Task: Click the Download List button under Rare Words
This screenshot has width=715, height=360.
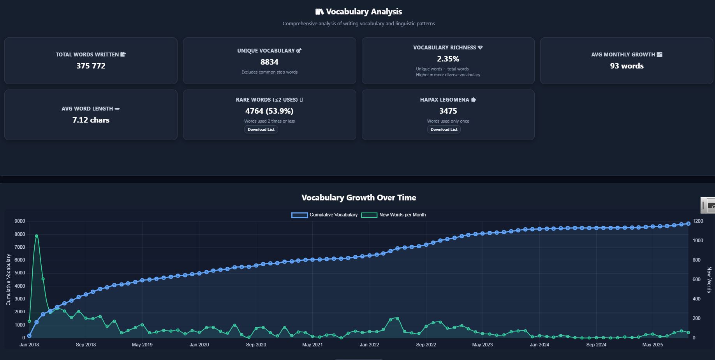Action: coord(261,130)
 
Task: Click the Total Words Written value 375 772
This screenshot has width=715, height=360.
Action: coord(91,66)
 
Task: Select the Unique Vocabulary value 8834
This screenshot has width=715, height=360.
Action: coord(269,62)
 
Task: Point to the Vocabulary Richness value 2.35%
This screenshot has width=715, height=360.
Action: coord(448,59)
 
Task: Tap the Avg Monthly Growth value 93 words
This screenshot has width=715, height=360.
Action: coord(627,66)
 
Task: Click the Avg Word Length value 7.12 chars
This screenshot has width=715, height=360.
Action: coord(91,120)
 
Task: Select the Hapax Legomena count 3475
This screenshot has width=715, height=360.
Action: coord(448,111)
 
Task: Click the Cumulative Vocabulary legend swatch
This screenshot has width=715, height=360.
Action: coord(299,215)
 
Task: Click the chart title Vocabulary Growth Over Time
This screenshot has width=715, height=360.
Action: coord(359,198)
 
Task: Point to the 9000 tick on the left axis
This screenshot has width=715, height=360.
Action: coord(19,221)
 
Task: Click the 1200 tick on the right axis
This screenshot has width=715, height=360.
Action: coord(698,221)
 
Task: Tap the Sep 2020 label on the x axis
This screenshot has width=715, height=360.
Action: coord(256,345)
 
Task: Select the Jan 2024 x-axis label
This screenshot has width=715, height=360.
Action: coord(539,345)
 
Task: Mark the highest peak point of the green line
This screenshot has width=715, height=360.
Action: coord(36,236)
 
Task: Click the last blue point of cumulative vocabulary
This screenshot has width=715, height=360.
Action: coord(688,224)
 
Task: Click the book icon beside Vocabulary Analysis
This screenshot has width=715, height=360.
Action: coord(319,12)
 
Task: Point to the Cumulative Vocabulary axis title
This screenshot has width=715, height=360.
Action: coord(9,279)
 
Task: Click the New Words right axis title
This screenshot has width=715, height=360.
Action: coord(709,279)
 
